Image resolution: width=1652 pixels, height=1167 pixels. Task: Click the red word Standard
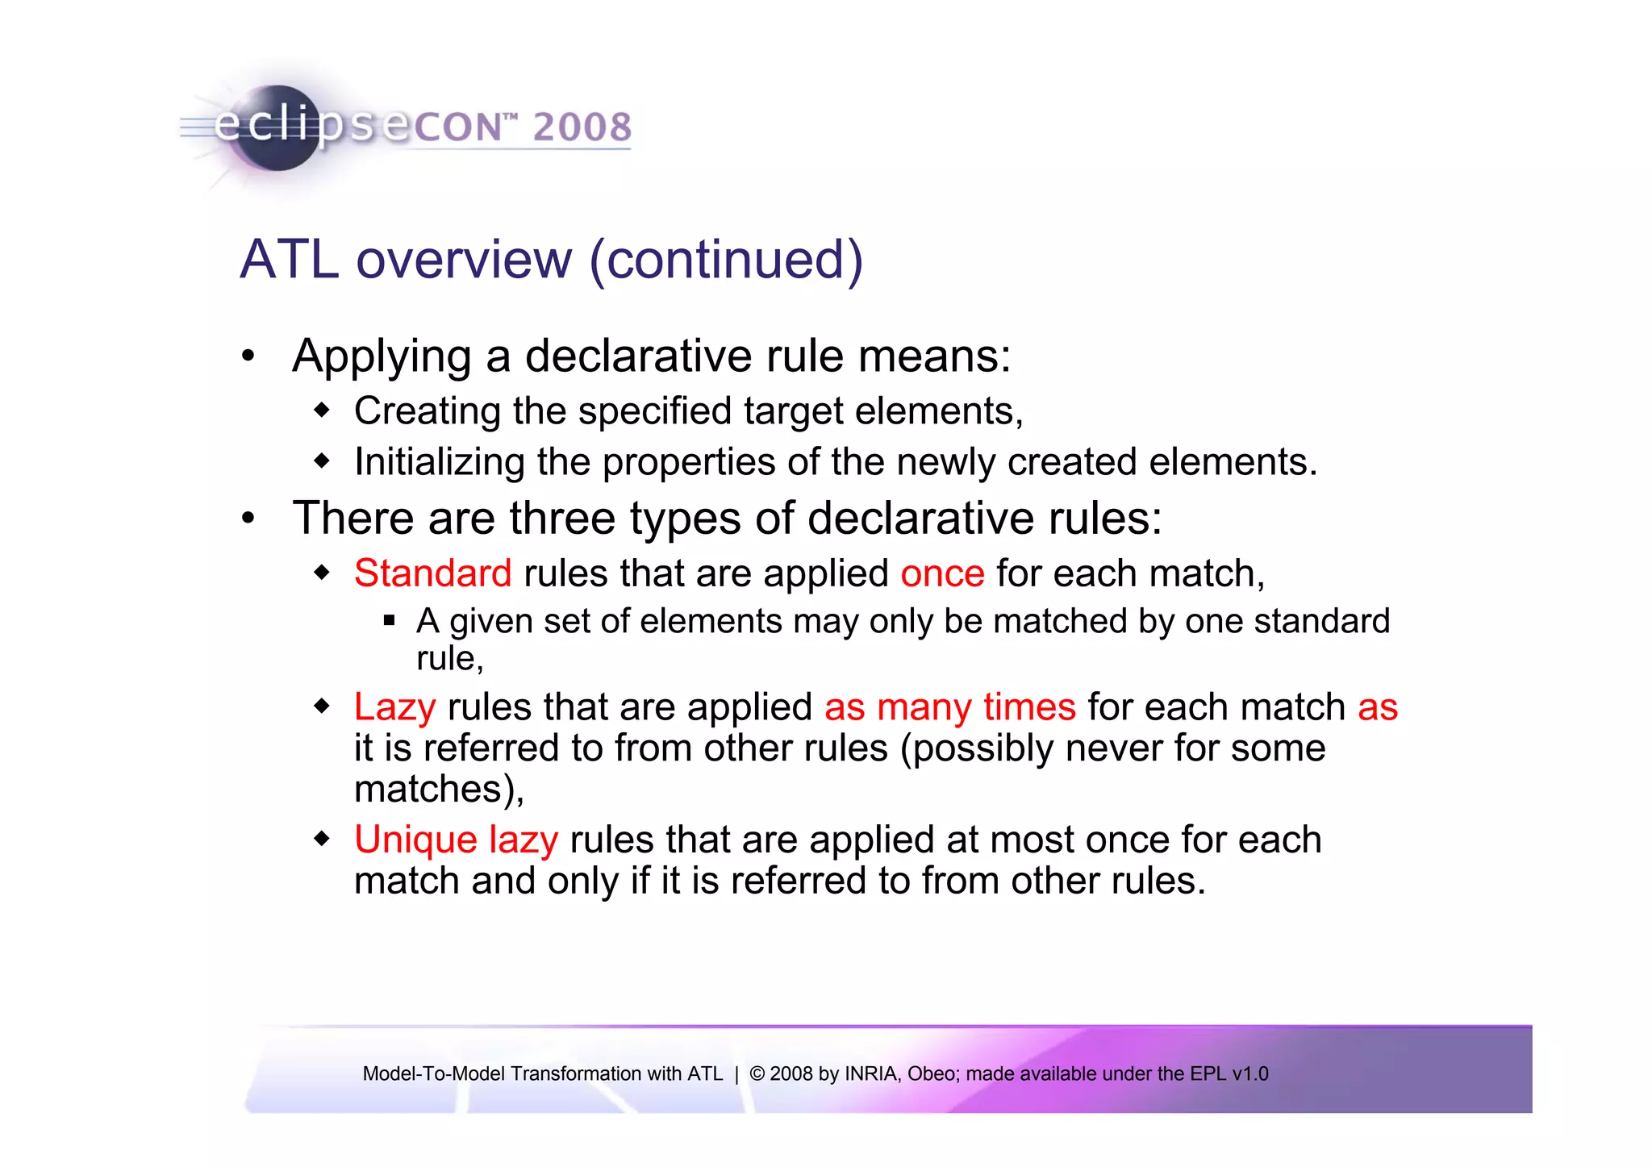click(432, 573)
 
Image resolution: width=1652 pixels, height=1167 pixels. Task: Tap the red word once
click(942, 573)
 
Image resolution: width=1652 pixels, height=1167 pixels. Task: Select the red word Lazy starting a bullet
click(394, 707)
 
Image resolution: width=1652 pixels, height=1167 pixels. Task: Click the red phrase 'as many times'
click(949, 707)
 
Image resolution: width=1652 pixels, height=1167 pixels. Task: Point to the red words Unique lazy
click(456, 840)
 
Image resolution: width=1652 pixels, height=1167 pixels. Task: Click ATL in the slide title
click(289, 260)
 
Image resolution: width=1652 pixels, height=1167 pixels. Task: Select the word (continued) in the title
click(726, 260)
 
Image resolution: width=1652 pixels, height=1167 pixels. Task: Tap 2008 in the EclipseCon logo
click(582, 127)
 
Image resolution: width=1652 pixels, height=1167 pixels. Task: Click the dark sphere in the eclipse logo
click(279, 129)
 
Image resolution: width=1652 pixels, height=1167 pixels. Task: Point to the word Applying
click(382, 356)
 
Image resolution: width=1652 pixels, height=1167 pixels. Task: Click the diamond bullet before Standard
click(322, 573)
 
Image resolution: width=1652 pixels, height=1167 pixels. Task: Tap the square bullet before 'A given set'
click(389, 621)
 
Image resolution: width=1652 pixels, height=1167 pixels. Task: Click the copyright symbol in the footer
click(757, 1073)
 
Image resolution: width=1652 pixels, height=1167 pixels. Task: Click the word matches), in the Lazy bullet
click(439, 789)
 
